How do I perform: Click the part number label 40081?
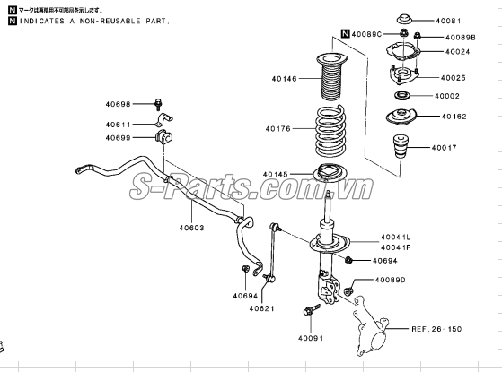tap(447, 20)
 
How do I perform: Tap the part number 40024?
tap(447, 51)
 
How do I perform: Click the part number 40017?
tap(444, 147)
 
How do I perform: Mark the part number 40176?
tap(278, 129)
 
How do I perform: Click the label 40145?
tap(277, 174)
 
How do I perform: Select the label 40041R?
tap(395, 247)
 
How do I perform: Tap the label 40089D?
tap(392, 280)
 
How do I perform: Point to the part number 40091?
tap(310, 338)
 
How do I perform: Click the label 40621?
tap(263, 309)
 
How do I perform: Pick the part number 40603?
tap(191, 228)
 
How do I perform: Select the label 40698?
tap(118, 104)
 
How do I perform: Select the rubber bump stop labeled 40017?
tap(399, 149)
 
